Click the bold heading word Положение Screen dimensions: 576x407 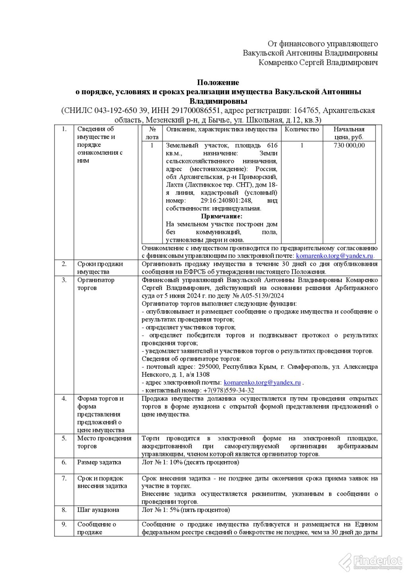pyautogui.click(x=218, y=83)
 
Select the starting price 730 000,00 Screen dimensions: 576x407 pyautogui.click(x=349, y=146)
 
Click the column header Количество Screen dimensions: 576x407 pyautogui.click(x=302, y=129)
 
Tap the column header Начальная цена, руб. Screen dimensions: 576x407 pyautogui.click(x=349, y=133)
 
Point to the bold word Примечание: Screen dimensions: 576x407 pyautogui.click(x=221, y=216)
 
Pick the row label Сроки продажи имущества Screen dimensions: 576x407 pyautogui.click(x=100, y=268)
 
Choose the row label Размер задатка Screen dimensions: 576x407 pyautogui.click(x=99, y=462)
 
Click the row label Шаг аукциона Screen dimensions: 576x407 pyautogui.click(x=98, y=510)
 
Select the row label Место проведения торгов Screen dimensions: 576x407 pyautogui.click(x=104, y=442)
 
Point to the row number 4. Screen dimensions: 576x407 pyautogui.click(x=64, y=399)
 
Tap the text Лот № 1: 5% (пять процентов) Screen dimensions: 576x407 pyautogui.click(x=186, y=510)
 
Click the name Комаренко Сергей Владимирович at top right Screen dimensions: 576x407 pyautogui.click(x=318, y=62)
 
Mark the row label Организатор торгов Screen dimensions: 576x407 pyautogui.click(x=96, y=284)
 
